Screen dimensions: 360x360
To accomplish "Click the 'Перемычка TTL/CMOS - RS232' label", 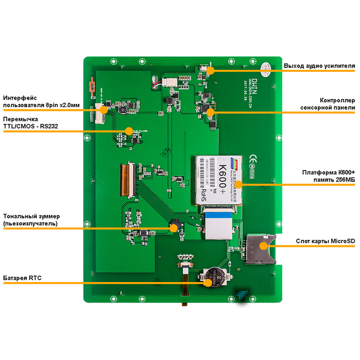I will (31, 123).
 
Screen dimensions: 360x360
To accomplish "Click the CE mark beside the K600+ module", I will (253, 157).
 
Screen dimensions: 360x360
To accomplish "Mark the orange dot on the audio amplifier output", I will (211, 71).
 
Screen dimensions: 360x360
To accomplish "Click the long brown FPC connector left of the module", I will (128, 180).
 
